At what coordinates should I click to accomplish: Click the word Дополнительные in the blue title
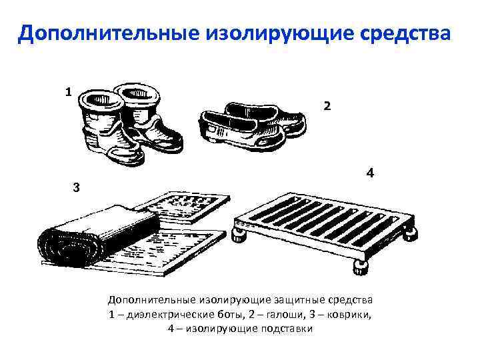click(109, 33)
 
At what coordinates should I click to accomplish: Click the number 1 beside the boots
click(68, 92)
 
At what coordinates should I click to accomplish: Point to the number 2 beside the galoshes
click(327, 106)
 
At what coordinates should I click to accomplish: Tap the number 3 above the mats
click(76, 187)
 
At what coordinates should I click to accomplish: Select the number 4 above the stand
click(370, 173)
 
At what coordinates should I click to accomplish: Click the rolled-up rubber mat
click(98, 236)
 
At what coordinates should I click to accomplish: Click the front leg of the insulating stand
click(361, 268)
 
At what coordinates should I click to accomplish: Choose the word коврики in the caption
click(348, 315)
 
